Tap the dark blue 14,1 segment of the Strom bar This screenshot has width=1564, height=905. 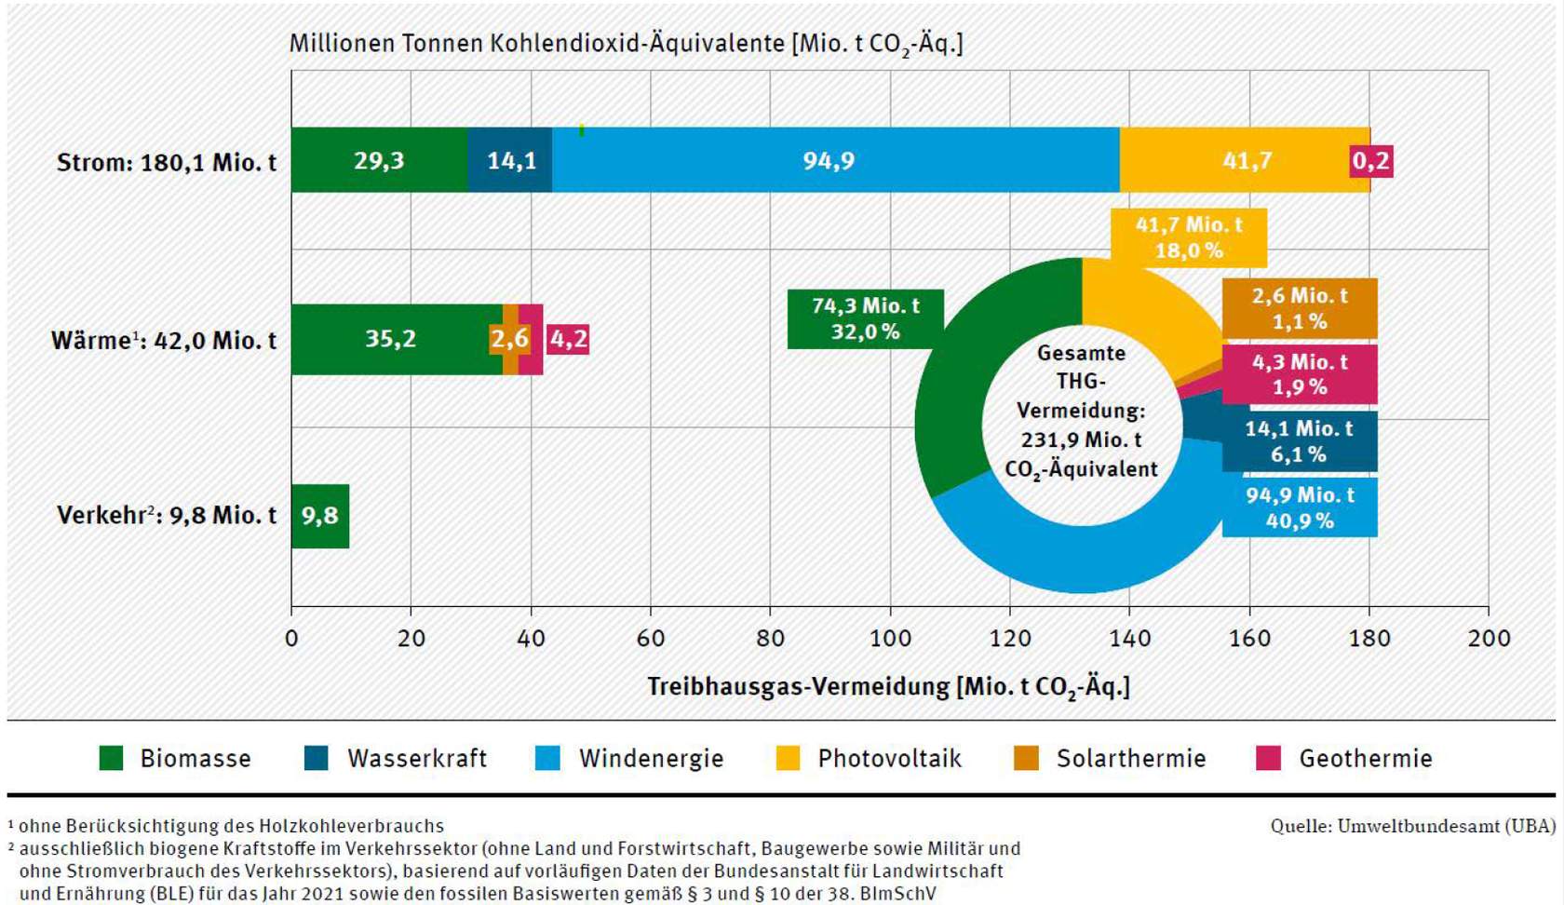[x=510, y=160]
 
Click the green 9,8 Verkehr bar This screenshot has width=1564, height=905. [x=320, y=516]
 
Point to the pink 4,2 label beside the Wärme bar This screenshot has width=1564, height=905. [x=569, y=339]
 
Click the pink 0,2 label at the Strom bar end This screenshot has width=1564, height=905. [x=1371, y=161]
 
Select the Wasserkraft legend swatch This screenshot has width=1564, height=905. [x=317, y=758]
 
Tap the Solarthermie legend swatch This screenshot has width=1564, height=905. [x=1026, y=758]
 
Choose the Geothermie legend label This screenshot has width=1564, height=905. [x=1365, y=758]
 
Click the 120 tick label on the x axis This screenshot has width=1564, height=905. [x=1010, y=638]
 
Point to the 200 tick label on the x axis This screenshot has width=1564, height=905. [x=1488, y=638]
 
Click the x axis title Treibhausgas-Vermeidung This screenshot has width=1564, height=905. [x=888, y=687]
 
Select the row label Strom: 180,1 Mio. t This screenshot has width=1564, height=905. [x=167, y=163]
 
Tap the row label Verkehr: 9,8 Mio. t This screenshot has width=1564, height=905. [x=167, y=516]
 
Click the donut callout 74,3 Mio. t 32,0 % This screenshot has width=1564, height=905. [x=865, y=318]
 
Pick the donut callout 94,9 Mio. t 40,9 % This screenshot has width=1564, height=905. [x=1300, y=507]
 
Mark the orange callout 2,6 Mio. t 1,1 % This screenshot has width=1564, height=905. [x=1300, y=308]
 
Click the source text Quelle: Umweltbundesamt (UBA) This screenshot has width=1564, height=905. [x=1412, y=826]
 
